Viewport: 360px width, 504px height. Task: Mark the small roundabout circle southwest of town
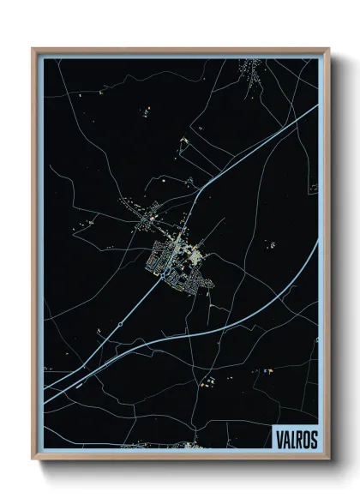[121, 323]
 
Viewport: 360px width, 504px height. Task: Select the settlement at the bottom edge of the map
[192, 445]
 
